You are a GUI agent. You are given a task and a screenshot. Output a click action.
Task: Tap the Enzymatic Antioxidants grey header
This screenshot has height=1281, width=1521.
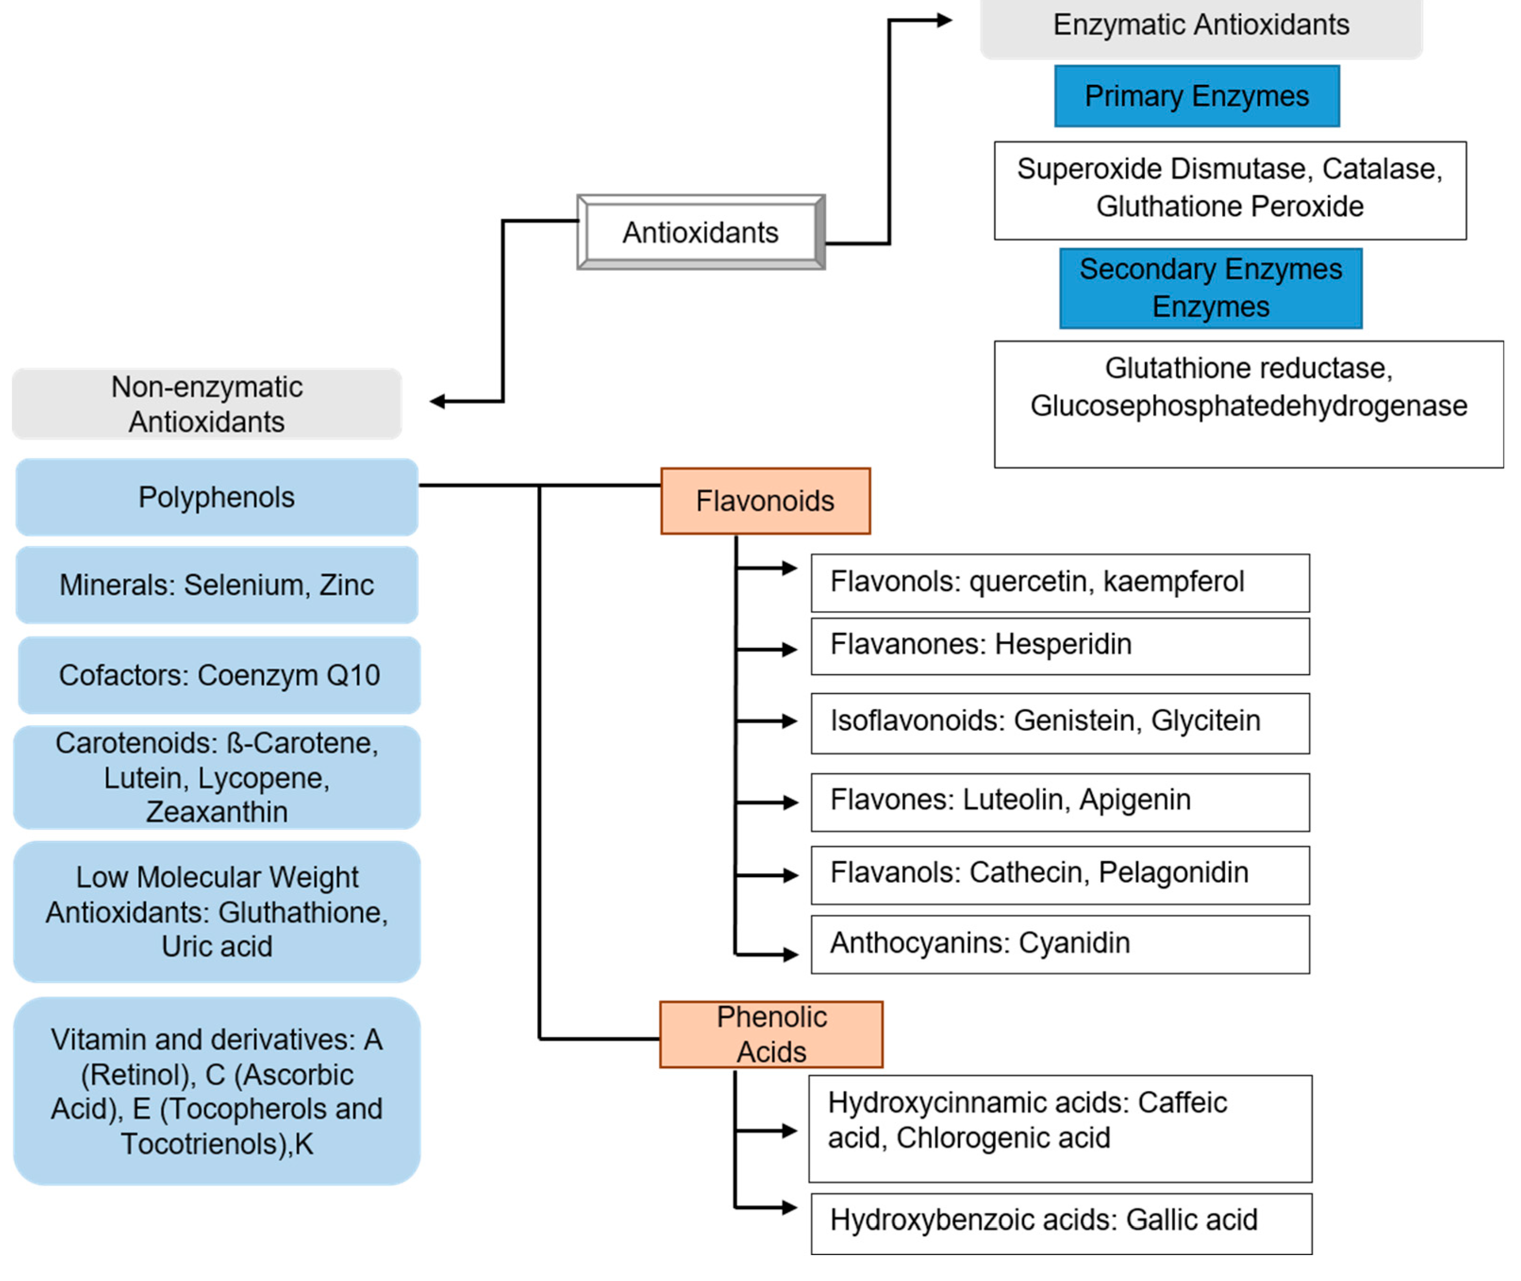coord(1200,26)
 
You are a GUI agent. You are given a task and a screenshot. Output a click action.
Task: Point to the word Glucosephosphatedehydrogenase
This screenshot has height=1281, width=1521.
coord(1248,405)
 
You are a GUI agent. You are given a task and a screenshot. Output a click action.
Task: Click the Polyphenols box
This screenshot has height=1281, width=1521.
coord(216,497)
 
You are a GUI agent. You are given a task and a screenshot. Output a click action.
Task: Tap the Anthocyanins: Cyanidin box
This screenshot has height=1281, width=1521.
coord(1059,943)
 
